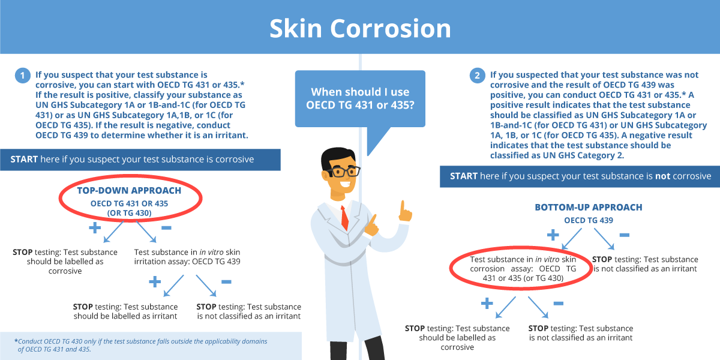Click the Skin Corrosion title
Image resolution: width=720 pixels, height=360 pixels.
(x=360, y=28)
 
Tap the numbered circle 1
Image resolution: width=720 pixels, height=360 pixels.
(x=23, y=76)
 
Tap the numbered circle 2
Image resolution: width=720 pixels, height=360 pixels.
(x=478, y=76)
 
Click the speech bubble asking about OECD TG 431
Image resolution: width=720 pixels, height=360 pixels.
(x=360, y=98)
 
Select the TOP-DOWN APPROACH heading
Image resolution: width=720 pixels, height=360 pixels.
(x=129, y=191)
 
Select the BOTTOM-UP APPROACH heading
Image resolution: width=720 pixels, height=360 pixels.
(x=589, y=208)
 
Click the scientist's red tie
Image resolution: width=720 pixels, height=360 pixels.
(x=344, y=218)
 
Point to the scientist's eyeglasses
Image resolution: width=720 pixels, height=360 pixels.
(x=344, y=172)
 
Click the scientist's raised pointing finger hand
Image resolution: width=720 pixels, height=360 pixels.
(x=404, y=211)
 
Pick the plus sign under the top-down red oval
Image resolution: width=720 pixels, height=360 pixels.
(x=95, y=228)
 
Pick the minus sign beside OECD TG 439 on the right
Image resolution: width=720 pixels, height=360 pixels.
(x=624, y=235)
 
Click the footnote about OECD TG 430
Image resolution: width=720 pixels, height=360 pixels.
(x=141, y=345)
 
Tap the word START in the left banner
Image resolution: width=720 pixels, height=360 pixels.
(x=24, y=160)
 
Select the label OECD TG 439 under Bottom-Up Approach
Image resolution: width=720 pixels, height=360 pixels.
(x=589, y=221)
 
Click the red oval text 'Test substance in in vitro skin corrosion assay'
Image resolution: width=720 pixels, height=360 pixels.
(x=523, y=269)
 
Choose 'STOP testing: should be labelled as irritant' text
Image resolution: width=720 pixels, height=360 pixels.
(x=125, y=311)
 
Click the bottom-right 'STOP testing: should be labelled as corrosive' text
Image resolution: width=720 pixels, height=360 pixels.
(x=457, y=338)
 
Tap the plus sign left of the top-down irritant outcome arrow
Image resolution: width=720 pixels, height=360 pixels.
(x=155, y=282)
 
